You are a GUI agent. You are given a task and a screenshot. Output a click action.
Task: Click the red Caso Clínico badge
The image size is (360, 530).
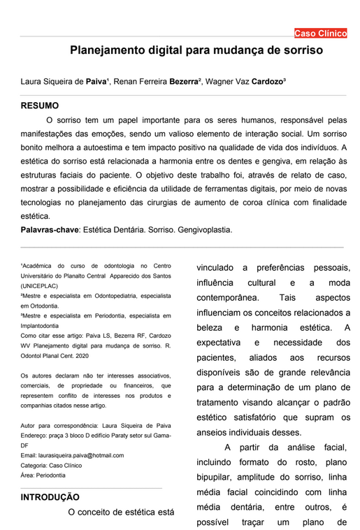(x=319, y=33)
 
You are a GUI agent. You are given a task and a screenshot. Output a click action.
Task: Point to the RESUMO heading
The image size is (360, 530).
(x=40, y=106)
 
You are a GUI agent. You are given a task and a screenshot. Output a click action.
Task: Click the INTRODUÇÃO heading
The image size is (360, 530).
(x=50, y=497)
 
